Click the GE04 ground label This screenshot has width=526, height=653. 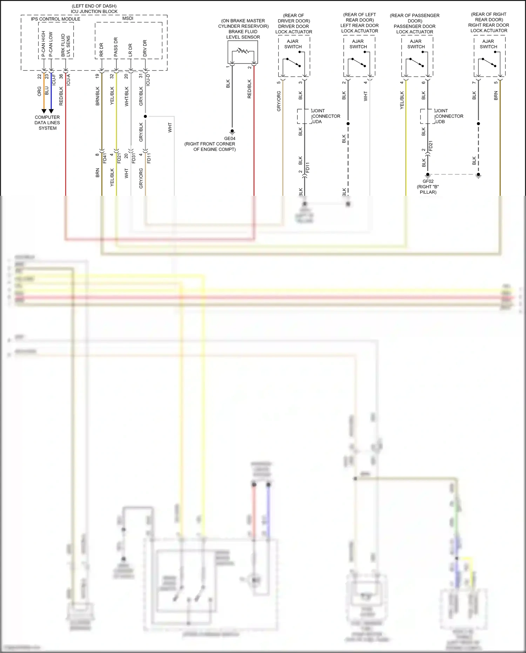pyautogui.click(x=230, y=139)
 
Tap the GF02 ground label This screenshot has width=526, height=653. pyautogui.click(x=428, y=181)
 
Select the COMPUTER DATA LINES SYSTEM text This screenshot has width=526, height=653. pyautogui.click(x=47, y=123)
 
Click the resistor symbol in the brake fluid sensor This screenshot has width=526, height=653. pyautogui.click(x=243, y=51)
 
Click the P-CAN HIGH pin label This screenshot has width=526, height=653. pyautogui.click(x=43, y=44)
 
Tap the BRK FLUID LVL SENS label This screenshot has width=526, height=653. pyautogui.click(x=66, y=45)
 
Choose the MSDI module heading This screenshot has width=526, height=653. pyautogui.click(x=128, y=18)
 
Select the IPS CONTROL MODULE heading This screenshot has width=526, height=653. pyautogui.click(x=55, y=19)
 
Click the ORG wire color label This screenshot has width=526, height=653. pyautogui.click(x=39, y=91)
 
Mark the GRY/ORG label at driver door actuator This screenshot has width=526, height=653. pyautogui.click(x=279, y=101)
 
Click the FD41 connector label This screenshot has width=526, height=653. pyautogui.click(x=104, y=158)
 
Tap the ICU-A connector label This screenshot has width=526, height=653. pyautogui.click(x=68, y=80)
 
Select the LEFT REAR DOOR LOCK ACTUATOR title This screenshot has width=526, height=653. pyautogui.click(x=359, y=28)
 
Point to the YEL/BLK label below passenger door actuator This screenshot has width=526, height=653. pyautogui.click(x=402, y=100)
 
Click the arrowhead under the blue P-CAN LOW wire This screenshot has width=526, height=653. pyautogui.click(x=51, y=111)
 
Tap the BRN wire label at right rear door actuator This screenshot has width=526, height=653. pyautogui.click(x=496, y=95)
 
